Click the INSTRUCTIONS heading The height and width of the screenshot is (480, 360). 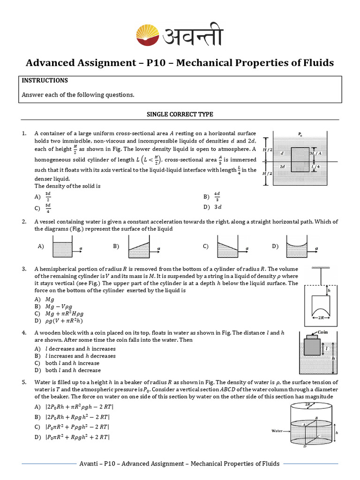45,81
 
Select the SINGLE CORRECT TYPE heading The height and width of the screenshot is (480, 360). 180,114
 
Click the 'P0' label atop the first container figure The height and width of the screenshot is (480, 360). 300,135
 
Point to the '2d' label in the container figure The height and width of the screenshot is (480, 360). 282,166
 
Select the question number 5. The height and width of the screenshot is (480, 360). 24,382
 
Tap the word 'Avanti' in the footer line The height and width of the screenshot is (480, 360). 90,464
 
